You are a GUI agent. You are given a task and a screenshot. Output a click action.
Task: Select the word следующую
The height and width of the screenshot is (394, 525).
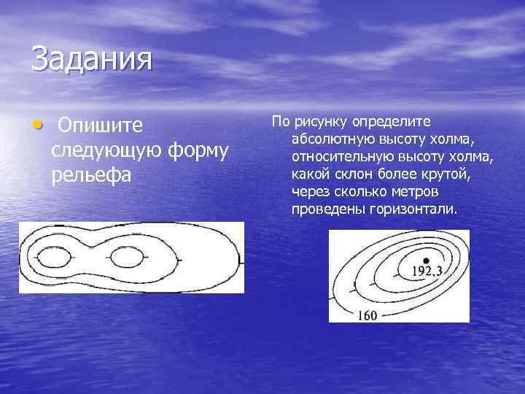[107, 151]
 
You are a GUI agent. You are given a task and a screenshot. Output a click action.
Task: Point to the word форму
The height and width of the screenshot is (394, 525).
[198, 151]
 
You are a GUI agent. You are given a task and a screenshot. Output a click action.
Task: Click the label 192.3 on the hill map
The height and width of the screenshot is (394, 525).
[427, 271]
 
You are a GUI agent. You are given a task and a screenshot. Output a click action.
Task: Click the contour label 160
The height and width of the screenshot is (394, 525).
[367, 316]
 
